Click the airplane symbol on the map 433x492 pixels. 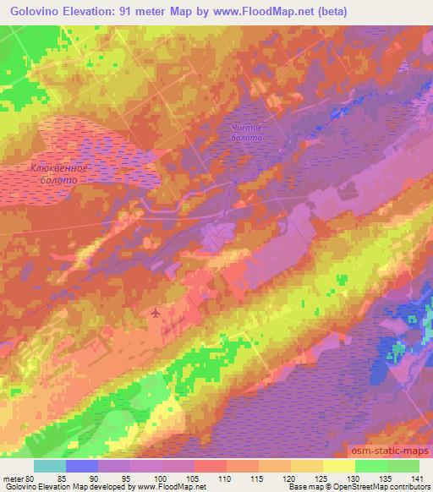[x=155, y=314]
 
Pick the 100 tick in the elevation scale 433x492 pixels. [x=162, y=478]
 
